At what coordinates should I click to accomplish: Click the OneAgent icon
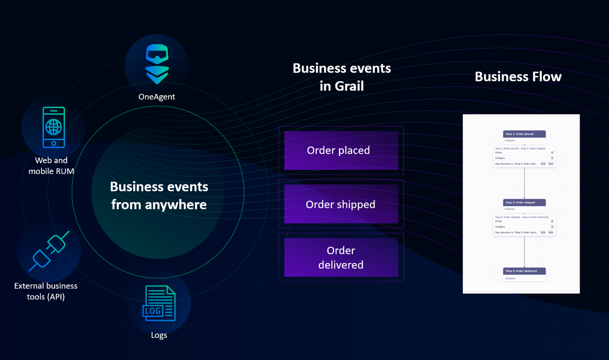click(x=157, y=64)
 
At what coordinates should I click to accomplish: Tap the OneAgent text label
click(x=156, y=97)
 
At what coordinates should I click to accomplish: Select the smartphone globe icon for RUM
click(x=53, y=127)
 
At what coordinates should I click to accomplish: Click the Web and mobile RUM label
click(x=51, y=165)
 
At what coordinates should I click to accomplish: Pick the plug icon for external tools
click(x=48, y=251)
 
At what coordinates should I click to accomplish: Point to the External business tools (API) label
click(x=46, y=291)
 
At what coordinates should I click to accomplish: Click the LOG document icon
click(x=159, y=303)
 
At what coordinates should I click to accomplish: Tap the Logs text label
click(x=159, y=335)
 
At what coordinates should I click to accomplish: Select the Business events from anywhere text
click(x=159, y=195)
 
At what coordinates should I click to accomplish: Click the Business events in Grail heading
click(x=341, y=77)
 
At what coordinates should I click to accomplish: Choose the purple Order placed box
click(x=341, y=150)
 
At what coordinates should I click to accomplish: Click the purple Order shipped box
click(x=341, y=204)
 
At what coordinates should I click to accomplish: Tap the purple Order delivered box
click(x=341, y=257)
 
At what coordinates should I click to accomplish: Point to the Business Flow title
click(x=518, y=76)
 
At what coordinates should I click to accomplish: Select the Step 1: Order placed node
click(x=524, y=134)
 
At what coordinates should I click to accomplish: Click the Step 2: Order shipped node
click(x=524, y=202)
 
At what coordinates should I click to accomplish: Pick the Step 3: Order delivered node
click(x=524, y=271)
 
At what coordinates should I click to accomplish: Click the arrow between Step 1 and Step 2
click(x=524, y=182)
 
